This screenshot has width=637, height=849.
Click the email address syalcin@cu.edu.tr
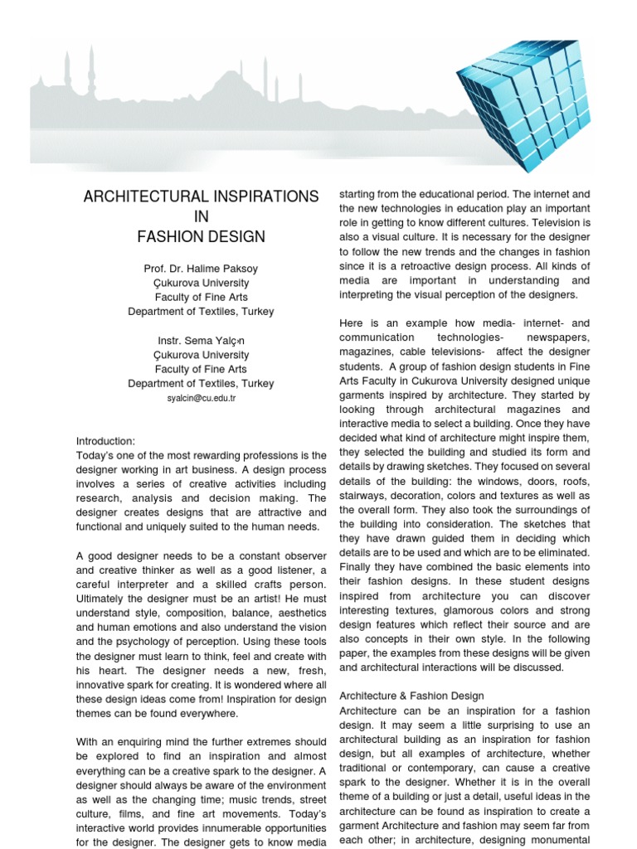click(201, 399)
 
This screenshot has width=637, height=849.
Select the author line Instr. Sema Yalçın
click(201, 341)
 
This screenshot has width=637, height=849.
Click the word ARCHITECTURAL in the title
click(138, 196)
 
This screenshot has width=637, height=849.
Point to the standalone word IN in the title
click(201, 216)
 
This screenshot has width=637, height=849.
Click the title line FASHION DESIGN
click(201, 237)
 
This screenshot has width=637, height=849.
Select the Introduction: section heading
click(105, 441)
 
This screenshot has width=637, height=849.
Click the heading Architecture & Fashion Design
click(412, 696)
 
